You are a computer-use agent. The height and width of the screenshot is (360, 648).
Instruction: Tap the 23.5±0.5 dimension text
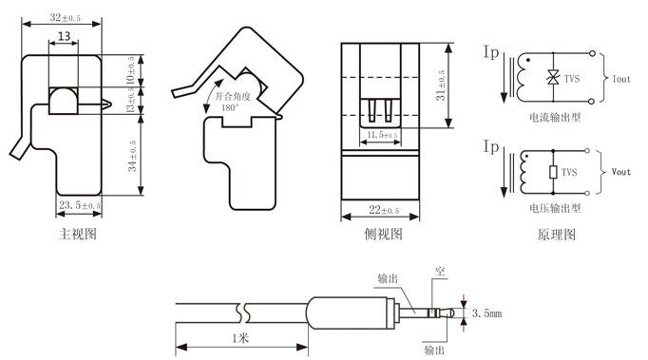pos(80,205)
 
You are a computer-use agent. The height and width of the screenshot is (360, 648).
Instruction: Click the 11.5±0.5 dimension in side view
pos(383,136)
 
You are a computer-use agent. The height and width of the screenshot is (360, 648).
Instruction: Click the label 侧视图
pos(384,233)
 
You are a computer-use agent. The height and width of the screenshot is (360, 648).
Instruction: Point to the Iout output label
pos(621,80)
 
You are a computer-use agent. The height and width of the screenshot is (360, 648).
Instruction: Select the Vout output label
pos(621,173)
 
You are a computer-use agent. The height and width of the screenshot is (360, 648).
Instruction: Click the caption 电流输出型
pos(555,118)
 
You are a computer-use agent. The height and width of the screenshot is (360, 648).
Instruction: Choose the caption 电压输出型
pos(555,208)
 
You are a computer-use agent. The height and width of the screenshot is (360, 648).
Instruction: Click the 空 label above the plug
pos(439,271)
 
